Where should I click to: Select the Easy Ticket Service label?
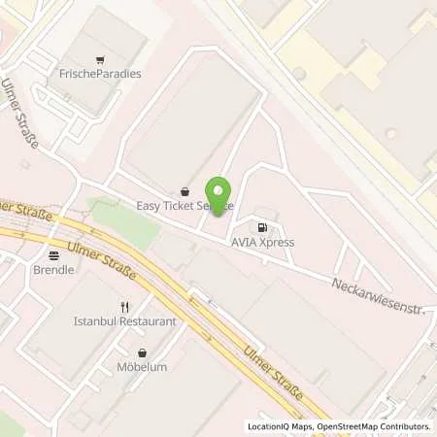[x=185, y=207]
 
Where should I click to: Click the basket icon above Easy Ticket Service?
[x=185, y=191]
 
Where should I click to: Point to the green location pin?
[x=219, y=194]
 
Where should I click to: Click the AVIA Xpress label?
[x=261, y=242]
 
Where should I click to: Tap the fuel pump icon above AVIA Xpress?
[x=261, y=227]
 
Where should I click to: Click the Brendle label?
[x=52, y=271]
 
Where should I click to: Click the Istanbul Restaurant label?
[x=124, y=320]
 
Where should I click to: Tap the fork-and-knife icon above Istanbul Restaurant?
[x=124, y=305]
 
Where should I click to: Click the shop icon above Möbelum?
[x=143, y=353]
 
